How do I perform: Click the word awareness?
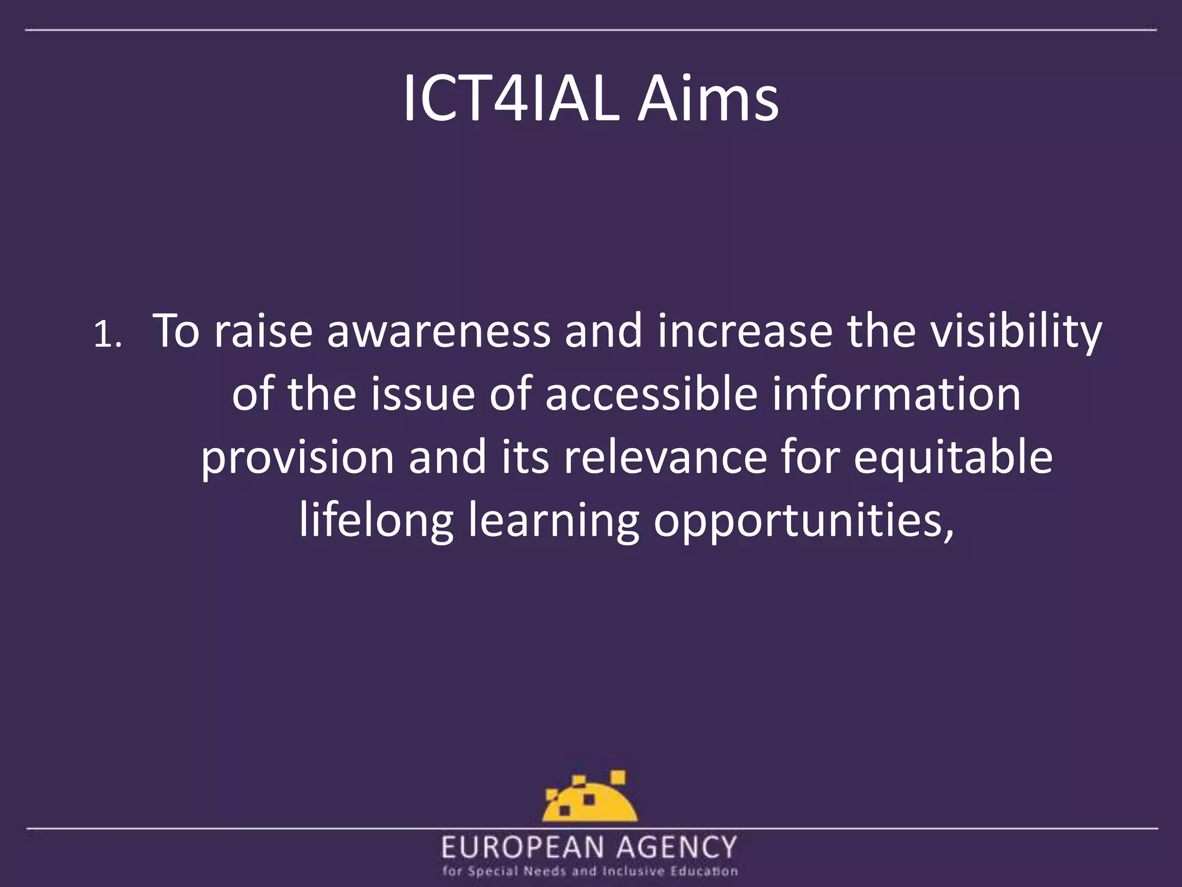point(439,332)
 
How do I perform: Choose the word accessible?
point(651,396)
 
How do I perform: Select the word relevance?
point(665,458)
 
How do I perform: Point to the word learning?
point(553,521)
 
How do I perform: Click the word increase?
point(745,332)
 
